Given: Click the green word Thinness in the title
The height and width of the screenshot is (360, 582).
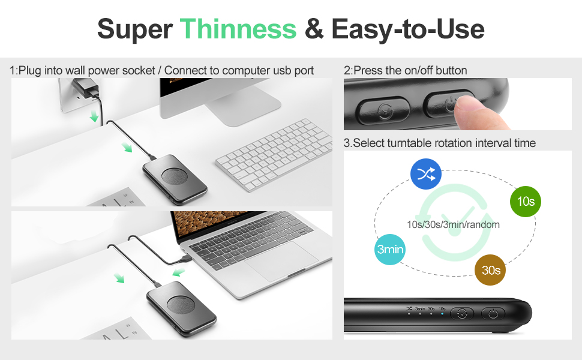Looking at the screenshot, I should pos(238,28).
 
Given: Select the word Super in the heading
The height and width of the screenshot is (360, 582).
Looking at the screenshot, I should pos(134,28).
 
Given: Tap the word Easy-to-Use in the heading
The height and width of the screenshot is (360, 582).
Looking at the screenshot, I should pos(407,28).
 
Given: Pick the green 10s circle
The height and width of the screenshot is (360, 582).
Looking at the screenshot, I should pos(525,202).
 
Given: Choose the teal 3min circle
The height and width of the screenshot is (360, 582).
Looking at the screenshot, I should pos(390,249).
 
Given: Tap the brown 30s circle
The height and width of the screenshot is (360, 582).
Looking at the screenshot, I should pos(490,271).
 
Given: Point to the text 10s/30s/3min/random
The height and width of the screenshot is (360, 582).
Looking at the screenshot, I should pos(453,224).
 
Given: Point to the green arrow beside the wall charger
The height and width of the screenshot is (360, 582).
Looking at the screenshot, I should pos(94,116).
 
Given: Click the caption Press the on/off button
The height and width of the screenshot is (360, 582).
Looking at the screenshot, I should pos(405,70).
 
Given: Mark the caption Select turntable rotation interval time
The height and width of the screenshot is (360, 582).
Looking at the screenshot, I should pos(439,143).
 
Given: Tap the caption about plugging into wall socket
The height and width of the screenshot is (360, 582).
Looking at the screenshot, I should pos(161,70).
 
